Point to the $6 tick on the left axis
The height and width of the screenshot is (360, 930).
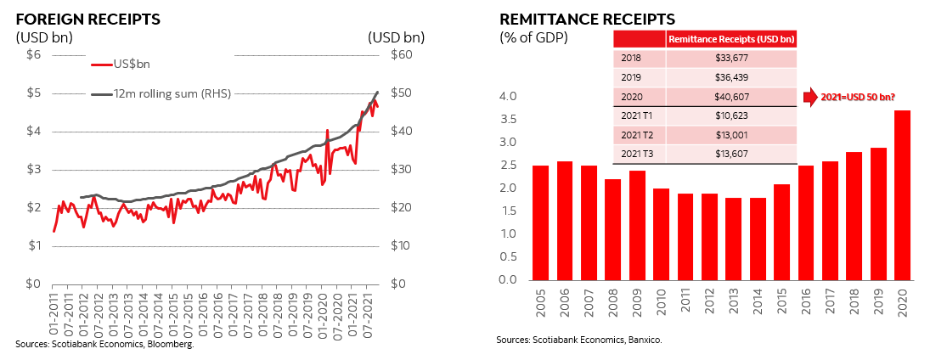(x=34, y=55)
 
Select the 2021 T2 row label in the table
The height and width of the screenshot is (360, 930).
(x=638, y=134)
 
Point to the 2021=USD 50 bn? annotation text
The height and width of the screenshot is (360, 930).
(x=858, y=97)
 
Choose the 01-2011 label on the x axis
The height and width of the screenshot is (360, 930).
(x=54, y=314)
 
